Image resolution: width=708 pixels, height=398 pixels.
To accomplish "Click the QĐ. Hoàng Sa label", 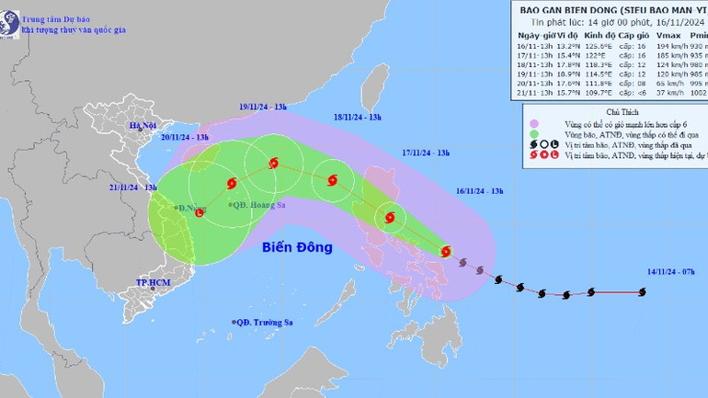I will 257,205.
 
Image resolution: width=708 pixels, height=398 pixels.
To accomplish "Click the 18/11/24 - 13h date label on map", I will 363,117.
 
